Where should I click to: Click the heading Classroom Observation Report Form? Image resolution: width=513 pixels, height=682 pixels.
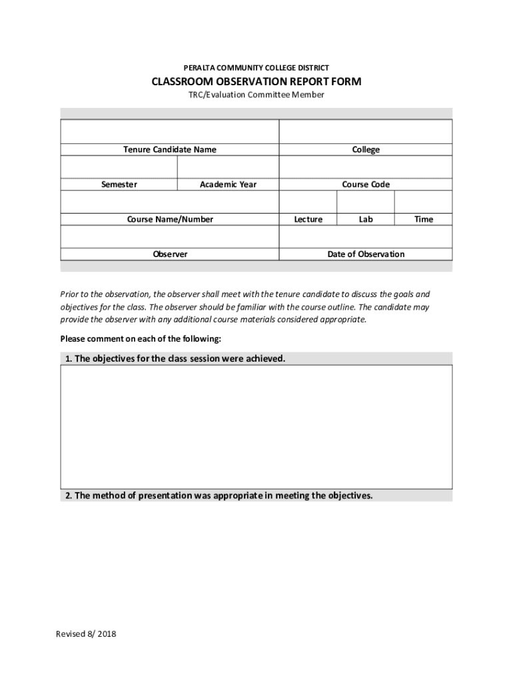256,82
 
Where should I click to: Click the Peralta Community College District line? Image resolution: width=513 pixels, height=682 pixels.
256,68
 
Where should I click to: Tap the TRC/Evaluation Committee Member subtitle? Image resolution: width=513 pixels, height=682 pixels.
256,95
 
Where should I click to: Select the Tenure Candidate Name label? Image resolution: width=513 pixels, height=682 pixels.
169,150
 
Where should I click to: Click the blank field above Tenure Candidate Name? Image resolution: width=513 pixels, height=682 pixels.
169,131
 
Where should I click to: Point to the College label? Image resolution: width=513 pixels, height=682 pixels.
366,150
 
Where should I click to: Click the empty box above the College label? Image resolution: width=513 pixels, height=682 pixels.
366,131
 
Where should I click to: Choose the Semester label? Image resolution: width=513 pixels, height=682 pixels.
119,184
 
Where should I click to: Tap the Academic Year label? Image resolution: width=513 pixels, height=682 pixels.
228,184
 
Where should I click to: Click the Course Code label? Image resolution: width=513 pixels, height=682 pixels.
366,184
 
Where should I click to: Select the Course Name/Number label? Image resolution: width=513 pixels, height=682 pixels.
170,219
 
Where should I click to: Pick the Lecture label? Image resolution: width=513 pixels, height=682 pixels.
308,219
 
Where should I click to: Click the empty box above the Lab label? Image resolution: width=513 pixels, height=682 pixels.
366,201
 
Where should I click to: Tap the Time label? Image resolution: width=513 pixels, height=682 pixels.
424,219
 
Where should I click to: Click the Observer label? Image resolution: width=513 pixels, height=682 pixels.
170,254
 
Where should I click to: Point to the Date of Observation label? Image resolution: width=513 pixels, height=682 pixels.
366,254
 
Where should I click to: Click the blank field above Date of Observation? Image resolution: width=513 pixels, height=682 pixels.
366,236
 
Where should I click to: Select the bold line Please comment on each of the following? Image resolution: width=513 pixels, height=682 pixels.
141,339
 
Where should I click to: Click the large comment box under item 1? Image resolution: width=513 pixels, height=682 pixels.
256,426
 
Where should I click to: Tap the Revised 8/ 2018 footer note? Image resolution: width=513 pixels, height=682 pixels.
86,634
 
